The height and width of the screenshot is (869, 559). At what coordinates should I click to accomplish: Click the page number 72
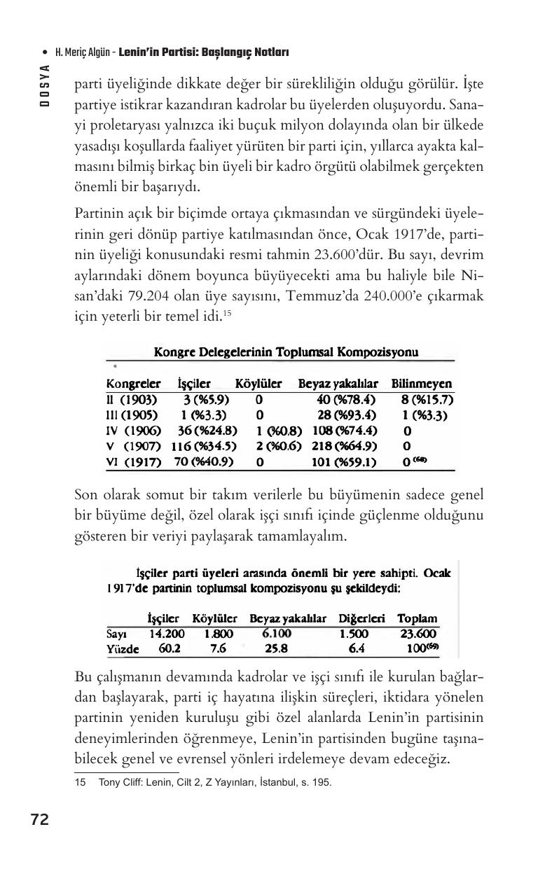40,820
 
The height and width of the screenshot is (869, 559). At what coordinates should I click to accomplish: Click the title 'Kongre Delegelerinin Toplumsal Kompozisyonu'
287,352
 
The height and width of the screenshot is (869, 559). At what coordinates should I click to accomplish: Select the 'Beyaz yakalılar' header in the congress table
338,384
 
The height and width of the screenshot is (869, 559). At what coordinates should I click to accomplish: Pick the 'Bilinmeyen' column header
421,384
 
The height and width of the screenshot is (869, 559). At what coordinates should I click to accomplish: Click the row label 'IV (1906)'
133,431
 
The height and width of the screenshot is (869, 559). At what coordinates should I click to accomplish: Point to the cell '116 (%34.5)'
204,446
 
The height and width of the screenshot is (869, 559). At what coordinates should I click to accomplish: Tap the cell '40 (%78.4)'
343,400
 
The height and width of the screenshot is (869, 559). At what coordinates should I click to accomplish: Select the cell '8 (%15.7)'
427,400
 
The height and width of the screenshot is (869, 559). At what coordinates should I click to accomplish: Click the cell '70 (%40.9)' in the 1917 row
203,462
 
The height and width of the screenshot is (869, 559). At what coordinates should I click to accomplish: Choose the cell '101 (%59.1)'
343,462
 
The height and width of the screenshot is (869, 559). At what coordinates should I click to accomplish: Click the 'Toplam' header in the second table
417,618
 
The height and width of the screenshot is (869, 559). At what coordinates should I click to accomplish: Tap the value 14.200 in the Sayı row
167,634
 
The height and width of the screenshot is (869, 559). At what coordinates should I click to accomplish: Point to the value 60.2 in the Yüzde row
170,648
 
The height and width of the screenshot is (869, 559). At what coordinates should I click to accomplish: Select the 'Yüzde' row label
123,649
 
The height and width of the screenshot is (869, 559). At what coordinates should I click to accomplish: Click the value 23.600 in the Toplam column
418,634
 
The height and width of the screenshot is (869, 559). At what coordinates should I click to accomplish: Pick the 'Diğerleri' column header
361,618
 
